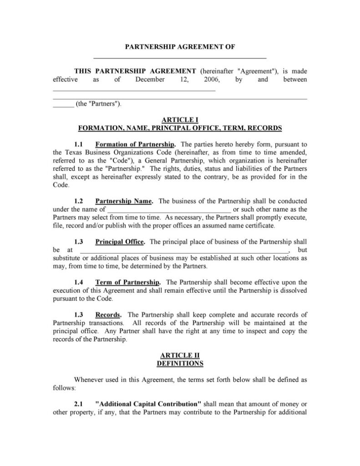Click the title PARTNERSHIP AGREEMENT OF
coord(180,47)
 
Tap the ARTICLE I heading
coord(180,120)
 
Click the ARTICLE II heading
coord(180,355)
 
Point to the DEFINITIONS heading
coord(180,363)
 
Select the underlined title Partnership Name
coord(124,201)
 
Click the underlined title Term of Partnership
coord(127,282)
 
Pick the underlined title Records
coord(108,314)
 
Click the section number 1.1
coord(78,144)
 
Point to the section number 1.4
coord(78,282)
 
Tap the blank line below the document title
coord(180,58)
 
